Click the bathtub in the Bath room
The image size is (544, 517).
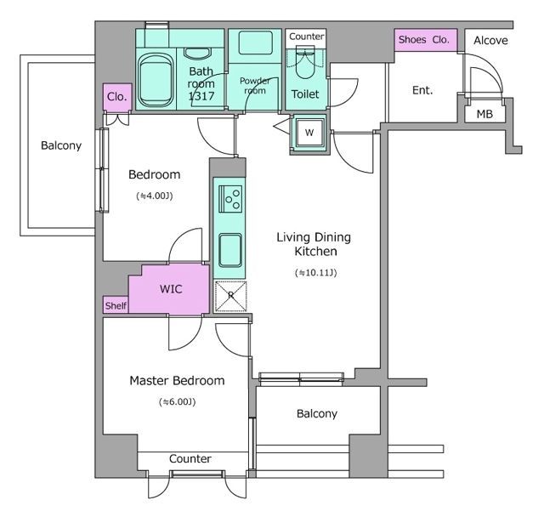coord(156,81)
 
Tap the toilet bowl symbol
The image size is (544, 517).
coord(305,63)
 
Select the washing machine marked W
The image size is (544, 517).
coord(309,132)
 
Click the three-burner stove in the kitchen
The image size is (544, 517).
coord(230,199)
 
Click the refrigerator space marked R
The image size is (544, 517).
coord(230,296)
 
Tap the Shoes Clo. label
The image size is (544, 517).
coord(423,40)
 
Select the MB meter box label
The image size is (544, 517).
coord(484,114)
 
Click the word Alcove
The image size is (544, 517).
coord(490,41)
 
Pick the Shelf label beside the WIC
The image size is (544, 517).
coord(116,306)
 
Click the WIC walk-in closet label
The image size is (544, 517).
coord(171,289)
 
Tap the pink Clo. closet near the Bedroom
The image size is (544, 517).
coord(117,97)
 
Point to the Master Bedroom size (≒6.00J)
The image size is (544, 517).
coord(178,402)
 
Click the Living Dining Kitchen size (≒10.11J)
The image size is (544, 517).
coord(315,273)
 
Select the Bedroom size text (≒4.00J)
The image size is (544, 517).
coord(155,196)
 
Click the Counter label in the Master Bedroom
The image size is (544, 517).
coord(190,458)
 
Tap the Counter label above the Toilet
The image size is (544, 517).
coord(307,37)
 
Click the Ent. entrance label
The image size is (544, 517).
coord(422,91)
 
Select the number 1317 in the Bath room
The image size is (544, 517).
coord(201,96)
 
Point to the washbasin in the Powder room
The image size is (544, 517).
coord(255,43)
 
